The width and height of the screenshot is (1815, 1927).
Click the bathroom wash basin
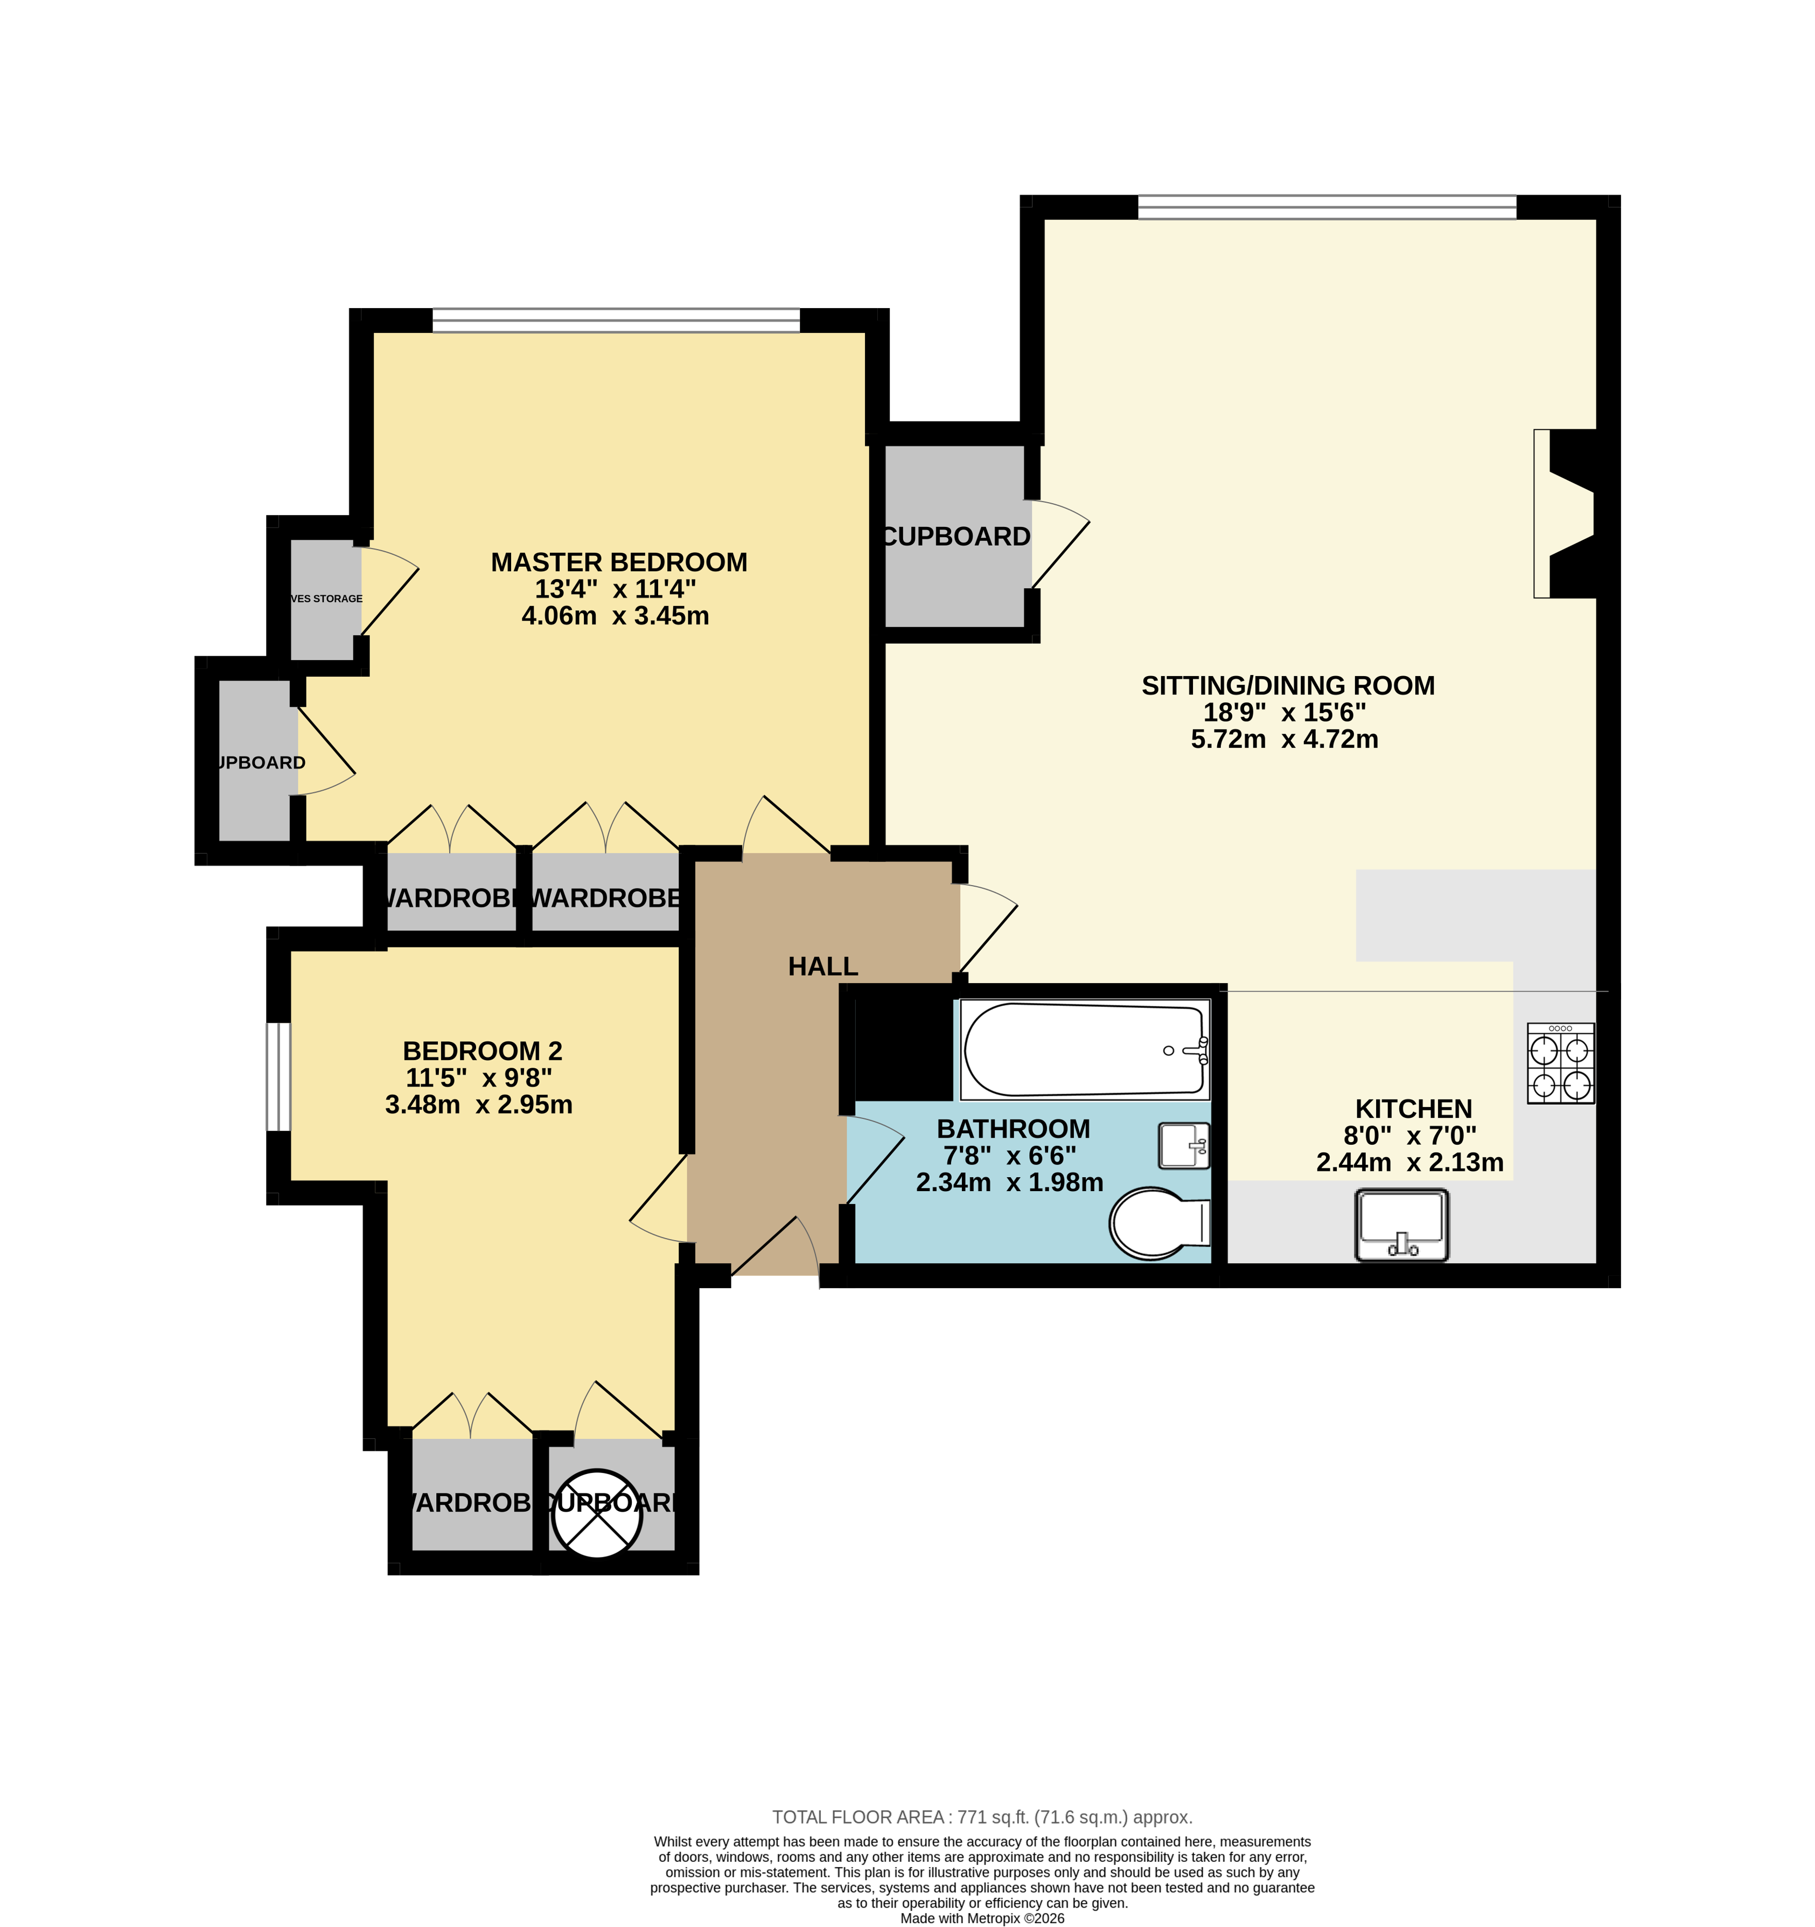(1184, 1146)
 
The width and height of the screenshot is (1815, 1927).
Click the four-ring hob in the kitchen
(1560, 1063)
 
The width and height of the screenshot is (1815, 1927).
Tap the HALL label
(823, 966)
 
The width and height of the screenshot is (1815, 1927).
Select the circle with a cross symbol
(597, 1515)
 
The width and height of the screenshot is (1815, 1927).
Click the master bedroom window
(616, 320)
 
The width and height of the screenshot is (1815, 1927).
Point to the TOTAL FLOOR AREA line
(982, 1818)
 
